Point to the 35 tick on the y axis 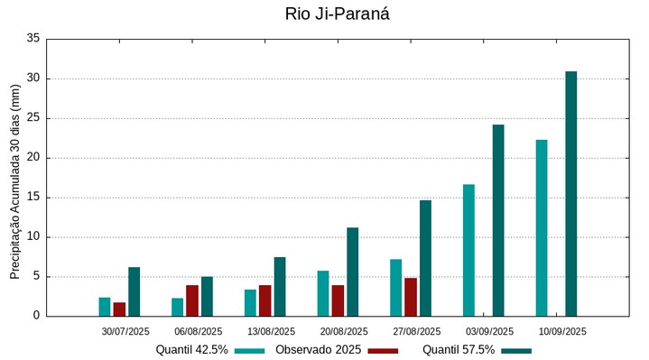tap(33, 39)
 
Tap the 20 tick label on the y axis tap(33, 158)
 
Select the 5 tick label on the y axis tap(36, 277)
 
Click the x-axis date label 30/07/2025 tap(125, 332)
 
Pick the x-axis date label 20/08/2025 tap(344, 332)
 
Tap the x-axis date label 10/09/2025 tap(562, 332)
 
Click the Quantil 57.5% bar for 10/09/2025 tap(571, 194)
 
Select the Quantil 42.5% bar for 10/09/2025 tap(542, 228)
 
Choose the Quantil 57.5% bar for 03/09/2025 tap(498, 220)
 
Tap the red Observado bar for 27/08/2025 tap(411, 297)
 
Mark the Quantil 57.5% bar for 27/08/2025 tap(425, 258)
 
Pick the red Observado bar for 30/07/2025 tap(119, 309)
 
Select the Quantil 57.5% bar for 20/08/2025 tap(352, 272)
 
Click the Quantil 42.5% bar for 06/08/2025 tap(178, 307)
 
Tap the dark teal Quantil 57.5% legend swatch tap(516, 350)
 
